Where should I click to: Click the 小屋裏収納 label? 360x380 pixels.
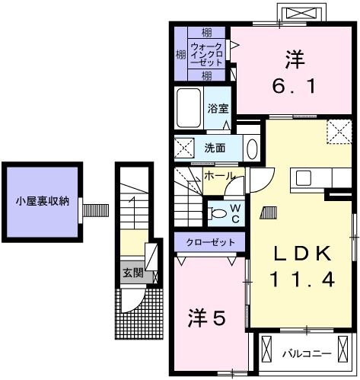[43, 202]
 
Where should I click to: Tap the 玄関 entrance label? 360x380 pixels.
[133, 273]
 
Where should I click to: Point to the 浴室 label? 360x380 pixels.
[218, 108]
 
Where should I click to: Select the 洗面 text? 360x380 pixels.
[214, 147]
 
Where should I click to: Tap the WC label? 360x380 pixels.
[236, 213]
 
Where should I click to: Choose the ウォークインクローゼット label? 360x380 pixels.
[206, 54]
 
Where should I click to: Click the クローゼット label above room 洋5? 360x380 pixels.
[209, 242]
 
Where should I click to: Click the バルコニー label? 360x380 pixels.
[305, 353]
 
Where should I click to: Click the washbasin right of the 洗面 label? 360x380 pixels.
[251, 147]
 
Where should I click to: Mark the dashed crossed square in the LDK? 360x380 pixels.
[336, 132]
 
